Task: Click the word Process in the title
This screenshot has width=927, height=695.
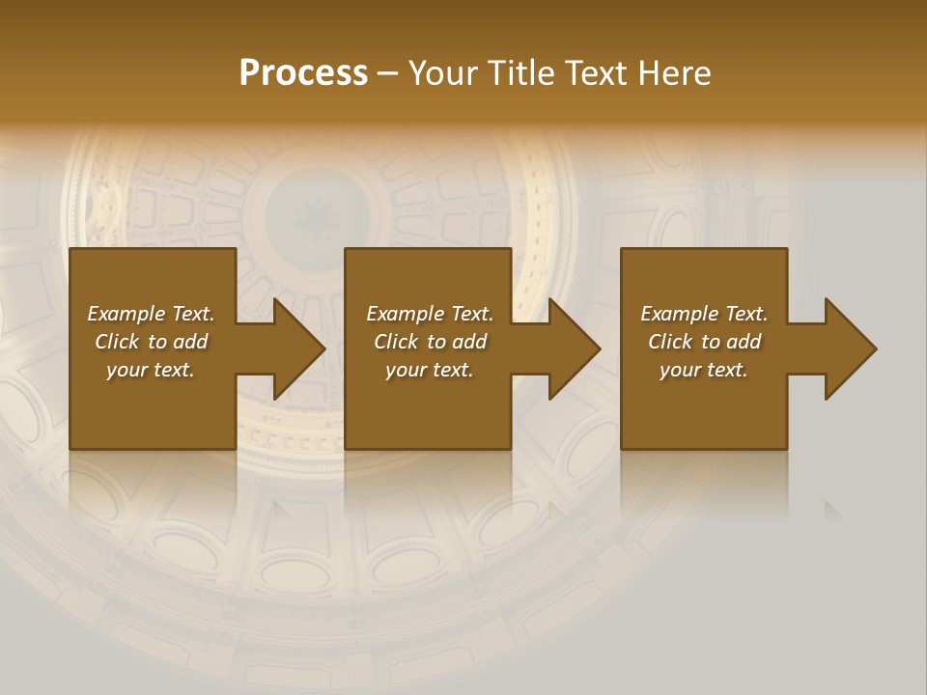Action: (x=303, y=72)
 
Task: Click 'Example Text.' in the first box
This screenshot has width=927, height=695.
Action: (x=151, y=314)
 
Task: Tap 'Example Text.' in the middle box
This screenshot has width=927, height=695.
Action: (x=430, y=314)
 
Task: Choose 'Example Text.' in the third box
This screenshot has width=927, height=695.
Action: (x=704, y=314)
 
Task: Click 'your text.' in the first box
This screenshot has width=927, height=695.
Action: (x=151, y=370)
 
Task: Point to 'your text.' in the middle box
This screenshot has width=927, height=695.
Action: (x=430, y=370)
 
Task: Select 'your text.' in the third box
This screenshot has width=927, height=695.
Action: (x=704, y=370)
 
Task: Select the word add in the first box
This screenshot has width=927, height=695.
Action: (x=191, y=342)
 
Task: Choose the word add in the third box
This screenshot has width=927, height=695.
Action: (x=744, y=342)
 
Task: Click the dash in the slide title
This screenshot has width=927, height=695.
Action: (x=388, y=73)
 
